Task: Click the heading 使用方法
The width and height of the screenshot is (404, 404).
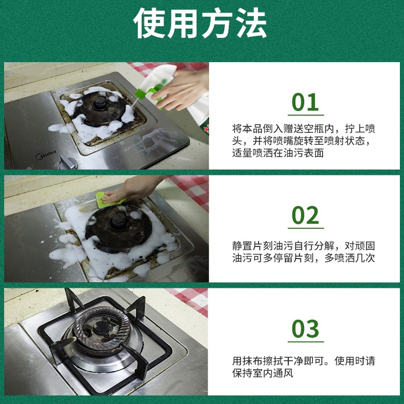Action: tap(200, 23)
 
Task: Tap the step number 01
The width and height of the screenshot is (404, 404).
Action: tap(306, 102)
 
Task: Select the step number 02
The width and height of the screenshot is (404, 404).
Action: tap(306, 216)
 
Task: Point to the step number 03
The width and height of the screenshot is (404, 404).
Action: tap(306, 329)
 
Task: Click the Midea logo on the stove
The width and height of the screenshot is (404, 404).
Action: tap(46, 155)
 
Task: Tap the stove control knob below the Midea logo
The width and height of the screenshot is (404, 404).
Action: tap(68, 162)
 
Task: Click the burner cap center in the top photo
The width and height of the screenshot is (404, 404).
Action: tap(99, 104)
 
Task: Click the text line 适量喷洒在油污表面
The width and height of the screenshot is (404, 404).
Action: tap(278, 153)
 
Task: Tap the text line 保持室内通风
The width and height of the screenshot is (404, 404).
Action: tap(263, 373)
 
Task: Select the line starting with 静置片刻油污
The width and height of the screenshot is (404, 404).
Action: tap(304, 246)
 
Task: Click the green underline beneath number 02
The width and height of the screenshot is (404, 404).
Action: tap(306, 228)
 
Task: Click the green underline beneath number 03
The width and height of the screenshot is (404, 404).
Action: tap(306, 342)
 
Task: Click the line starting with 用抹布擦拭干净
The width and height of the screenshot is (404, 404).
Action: tap(304, 361)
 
